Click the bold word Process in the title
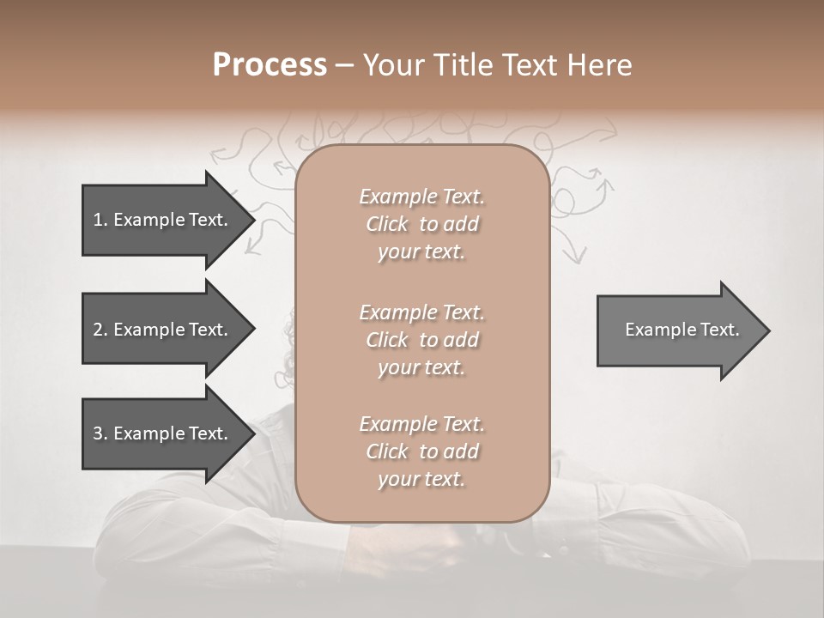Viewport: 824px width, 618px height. (x=270, y=65)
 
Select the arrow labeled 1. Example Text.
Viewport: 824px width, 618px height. (x=163, y=220)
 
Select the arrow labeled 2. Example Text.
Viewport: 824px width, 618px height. (x=163, y=330)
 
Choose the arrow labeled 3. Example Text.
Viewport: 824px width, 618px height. (x=163, y=433)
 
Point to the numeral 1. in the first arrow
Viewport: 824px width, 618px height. (x=100, y=220)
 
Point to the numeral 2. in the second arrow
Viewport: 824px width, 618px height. (x=100, y=330)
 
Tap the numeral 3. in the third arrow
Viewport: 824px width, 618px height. (x=100, y=433)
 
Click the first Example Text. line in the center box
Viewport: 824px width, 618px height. (x=421, y=197)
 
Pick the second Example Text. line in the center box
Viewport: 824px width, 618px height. (x=421, y=312)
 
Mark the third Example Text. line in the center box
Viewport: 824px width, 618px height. (x=421, y=424)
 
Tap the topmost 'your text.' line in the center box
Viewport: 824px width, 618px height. (x=421, y=252)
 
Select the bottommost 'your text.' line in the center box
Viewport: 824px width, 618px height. (x=421, y=480)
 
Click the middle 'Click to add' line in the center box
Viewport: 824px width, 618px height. (x=421, y=340)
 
